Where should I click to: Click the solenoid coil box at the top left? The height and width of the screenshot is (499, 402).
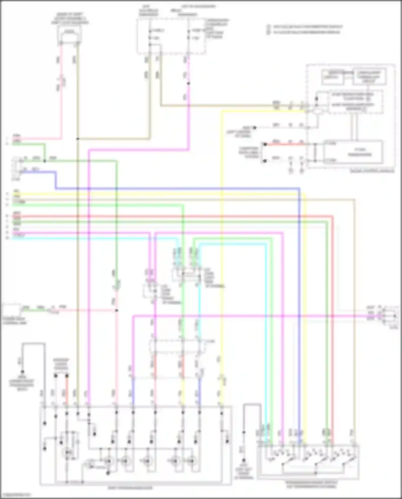coord(69,34)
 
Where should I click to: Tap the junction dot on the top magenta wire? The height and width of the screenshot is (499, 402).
coord(188,83)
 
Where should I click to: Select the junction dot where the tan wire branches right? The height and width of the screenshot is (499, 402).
coord(77,139)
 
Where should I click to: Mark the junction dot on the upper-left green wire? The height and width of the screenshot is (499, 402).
coord(44,161)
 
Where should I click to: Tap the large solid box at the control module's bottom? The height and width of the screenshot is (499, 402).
coord(353,152)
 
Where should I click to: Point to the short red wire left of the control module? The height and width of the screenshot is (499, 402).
coord(284,144)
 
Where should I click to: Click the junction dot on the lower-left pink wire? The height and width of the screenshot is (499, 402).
coord(116,311)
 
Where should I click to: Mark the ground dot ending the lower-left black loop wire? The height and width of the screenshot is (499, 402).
coord(23,372)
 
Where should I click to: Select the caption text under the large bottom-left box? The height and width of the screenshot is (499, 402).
coord(130,488)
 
